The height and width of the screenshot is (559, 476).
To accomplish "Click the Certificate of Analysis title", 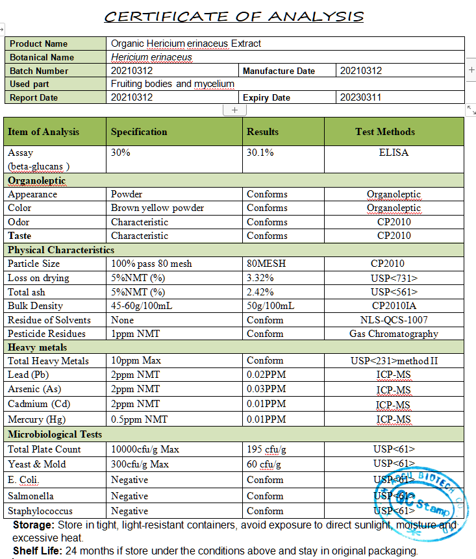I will tap(234, 16).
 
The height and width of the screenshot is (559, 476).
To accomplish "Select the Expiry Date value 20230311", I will tap(361, 97).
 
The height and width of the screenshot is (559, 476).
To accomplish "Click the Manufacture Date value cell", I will tap(361, 71).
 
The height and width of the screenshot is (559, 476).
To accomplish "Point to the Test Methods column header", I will tap(384, 132).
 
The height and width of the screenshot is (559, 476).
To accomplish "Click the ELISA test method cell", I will tap(394, 153).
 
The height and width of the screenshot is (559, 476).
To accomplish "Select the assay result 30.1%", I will tap(260, 153).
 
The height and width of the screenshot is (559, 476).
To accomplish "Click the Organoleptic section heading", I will tap(36, 180).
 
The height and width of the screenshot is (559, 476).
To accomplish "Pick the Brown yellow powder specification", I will tap(157, 208).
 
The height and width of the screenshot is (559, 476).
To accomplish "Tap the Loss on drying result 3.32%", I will tap(260, 278).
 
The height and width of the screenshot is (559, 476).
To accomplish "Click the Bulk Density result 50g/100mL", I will tap(270, 306).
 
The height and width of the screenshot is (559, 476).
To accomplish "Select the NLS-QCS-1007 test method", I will tap(394, 320).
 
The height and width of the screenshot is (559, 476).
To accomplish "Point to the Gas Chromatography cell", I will tap(394, 334).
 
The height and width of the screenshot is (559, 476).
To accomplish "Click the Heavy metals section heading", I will tap(37, 347).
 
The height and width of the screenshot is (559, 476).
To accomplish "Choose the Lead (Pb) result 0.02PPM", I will tap(266, 375).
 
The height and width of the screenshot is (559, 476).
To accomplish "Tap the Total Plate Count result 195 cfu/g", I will tap(267, 449).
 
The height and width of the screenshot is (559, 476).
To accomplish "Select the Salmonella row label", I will tap(31, 496).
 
